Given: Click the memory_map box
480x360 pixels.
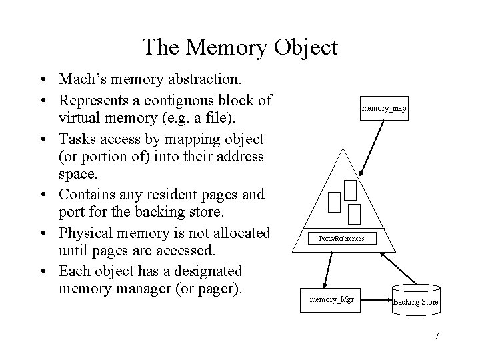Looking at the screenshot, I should coord(384,107).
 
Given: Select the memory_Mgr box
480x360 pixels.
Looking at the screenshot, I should coord(331,300).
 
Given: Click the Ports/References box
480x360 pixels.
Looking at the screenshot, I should coord(341,238).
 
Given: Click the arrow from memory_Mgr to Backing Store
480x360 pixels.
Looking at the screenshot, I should coord(374,300).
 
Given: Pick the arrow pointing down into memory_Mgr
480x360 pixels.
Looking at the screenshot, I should coord(325,266).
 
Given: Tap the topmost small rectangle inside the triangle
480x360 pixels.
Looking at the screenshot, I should coord(350,190).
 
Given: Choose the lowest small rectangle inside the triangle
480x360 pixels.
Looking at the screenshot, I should coord(354,213).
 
